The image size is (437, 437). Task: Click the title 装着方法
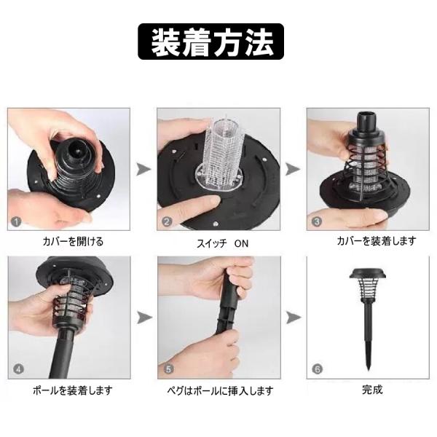tap(211, 42)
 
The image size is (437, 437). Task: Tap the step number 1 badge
tap(16, 222)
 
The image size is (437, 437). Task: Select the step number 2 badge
tap(167, 222)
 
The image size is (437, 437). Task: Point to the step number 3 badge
tap(317, 222)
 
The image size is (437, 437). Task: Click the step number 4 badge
tap(18, 369)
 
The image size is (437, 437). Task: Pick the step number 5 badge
tap(168, 369)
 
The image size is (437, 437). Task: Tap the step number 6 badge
tap(318, 369)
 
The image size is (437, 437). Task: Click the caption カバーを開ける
tap(73, 241)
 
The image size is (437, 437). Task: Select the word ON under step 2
tap(241, 243)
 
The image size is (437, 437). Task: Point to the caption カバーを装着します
tap(376, 241)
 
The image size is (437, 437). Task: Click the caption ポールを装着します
tap(72, 390)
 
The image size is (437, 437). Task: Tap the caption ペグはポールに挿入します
tap(220, 390)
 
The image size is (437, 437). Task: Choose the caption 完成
tap(372, 390)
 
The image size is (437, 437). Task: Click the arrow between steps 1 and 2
tap(143, 169)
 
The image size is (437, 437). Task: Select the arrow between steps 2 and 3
tap(294, 169)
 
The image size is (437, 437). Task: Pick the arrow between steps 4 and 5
tap(145, 318)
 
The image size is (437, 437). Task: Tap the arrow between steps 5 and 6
tap(294, 318)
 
